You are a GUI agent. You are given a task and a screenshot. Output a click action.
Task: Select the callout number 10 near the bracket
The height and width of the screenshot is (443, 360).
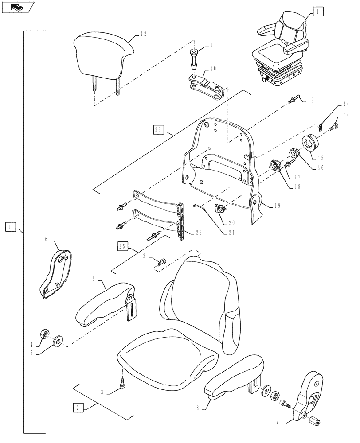point(213,69)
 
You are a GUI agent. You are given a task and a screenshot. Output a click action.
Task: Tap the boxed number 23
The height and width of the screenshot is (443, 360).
point(158,130)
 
